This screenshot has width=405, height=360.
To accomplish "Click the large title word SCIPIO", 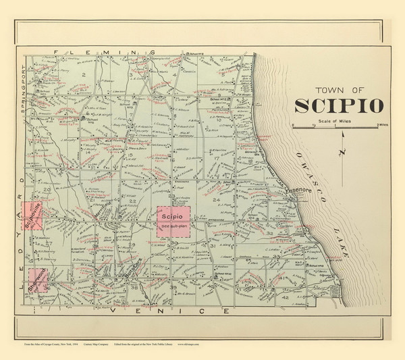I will [x=339, y=106].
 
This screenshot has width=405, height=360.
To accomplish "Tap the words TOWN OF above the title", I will [x=340, y=89].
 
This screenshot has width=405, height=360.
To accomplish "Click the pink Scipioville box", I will [x=32, y=215].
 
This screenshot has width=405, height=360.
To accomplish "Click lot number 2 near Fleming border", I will [x=83, y=72].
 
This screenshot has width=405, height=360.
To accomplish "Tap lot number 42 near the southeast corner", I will [x=286, y=298].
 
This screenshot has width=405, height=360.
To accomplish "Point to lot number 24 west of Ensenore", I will [x=217, y=201].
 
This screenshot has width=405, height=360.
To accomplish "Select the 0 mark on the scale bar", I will [x=294, y=126].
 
